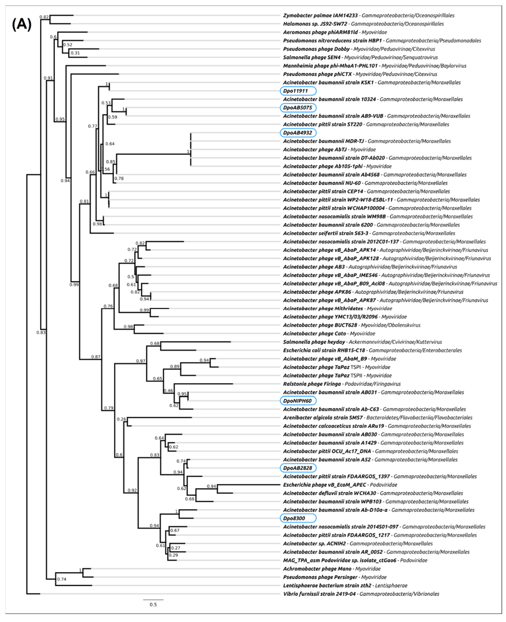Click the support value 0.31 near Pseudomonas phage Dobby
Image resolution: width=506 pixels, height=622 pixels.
pyautogui.click(x=75, y=53)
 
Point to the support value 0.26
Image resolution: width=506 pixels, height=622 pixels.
pyautogui.click(x=121, y=419)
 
